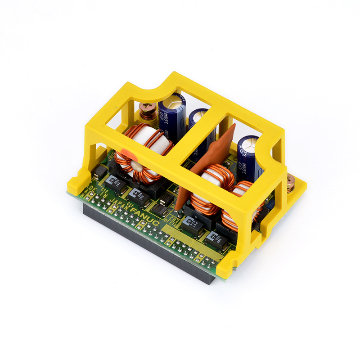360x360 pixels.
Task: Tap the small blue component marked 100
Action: pyautogui.click(x=270, y=205)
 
